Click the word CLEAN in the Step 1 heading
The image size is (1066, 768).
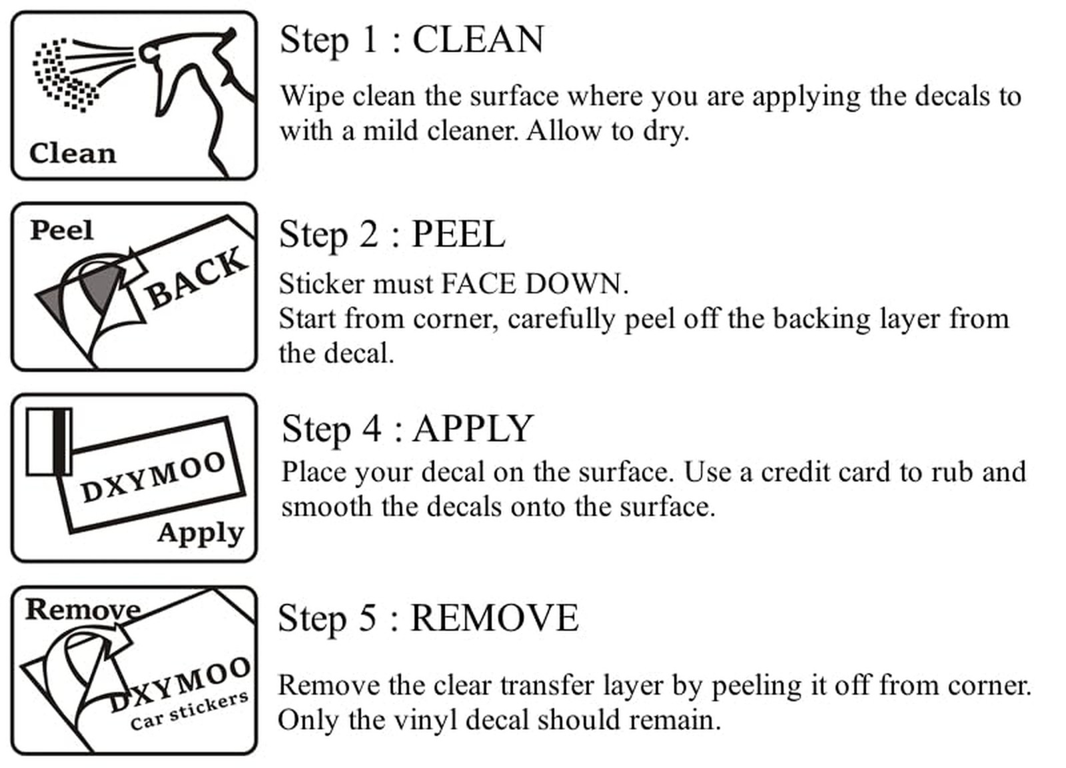click(478, 39)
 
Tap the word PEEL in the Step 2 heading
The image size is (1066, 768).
click(458, 234)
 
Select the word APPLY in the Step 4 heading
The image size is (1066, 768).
click(473, 429)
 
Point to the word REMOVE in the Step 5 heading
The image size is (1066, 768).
click(494, 618)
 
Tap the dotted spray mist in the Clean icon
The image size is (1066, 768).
click(67, 75)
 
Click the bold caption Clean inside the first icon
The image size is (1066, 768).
click(73, 154)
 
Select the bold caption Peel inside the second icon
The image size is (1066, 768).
click(62, 231)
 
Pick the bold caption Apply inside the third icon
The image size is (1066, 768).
click(201, 533)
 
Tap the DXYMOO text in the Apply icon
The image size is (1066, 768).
click(153, 477)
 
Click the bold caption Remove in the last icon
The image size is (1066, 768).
click(84, 609)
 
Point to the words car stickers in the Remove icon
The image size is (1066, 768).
click(189, 711)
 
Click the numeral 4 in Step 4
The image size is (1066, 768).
click(371, 429)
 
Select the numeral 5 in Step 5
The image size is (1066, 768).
click(367, 618)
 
